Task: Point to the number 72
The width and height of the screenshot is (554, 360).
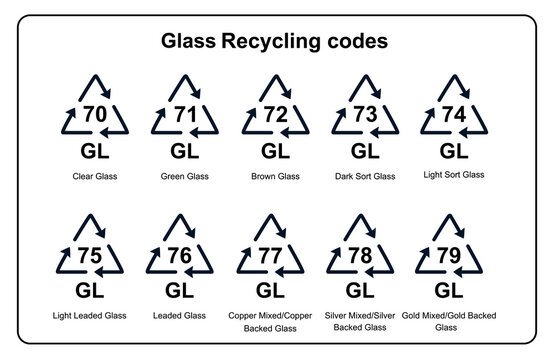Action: tap(273, 113)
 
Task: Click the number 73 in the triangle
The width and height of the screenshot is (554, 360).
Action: tap(364, 113)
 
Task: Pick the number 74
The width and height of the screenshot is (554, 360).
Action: tap(453, 113)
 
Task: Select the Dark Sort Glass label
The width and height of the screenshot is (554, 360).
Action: tap(364, 176)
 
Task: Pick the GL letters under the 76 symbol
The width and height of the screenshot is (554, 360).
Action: tap(181, 291)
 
